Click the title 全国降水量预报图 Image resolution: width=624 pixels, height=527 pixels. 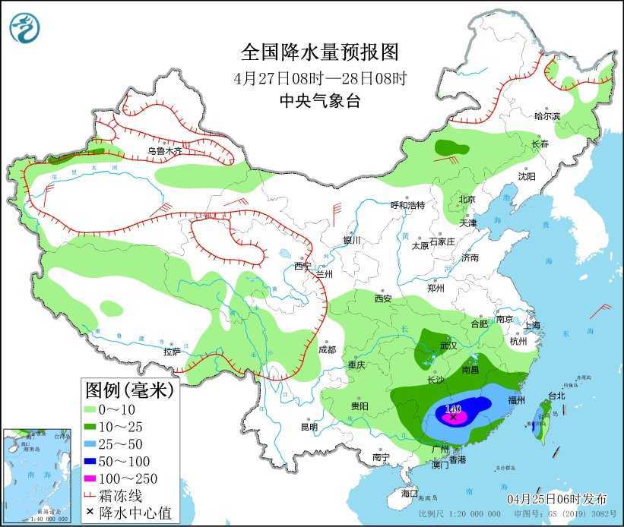[319, 52]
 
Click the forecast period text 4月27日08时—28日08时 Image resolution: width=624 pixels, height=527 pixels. [319, 77]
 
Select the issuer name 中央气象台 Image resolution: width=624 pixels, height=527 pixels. [319, 100]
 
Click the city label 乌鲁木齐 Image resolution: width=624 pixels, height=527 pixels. [165, 151]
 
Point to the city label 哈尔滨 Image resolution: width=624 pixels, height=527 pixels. [546, 116]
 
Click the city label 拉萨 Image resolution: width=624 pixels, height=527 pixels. [172, 352]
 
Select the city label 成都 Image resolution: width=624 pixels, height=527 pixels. [327, 350]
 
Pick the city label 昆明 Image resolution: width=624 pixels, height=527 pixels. [309, 427]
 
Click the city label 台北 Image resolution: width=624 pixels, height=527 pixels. [556, 396]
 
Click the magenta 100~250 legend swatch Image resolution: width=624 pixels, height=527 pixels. [90, 478]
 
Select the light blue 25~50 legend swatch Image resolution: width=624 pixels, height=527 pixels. [90, 444]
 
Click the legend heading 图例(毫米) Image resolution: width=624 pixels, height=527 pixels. [128, 391]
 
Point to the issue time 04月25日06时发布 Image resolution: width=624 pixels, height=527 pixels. [558, 498]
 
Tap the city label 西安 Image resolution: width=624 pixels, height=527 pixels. [382, 299]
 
